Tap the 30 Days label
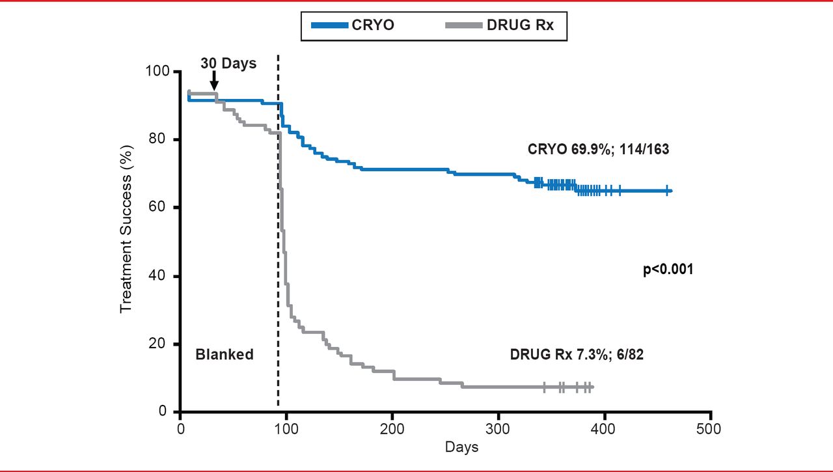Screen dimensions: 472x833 (x=228, y=64)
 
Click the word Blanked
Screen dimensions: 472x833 (x=225, y=355)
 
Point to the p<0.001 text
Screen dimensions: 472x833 (x=668, y=269)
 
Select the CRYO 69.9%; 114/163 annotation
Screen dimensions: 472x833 (x=598, y=149)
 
